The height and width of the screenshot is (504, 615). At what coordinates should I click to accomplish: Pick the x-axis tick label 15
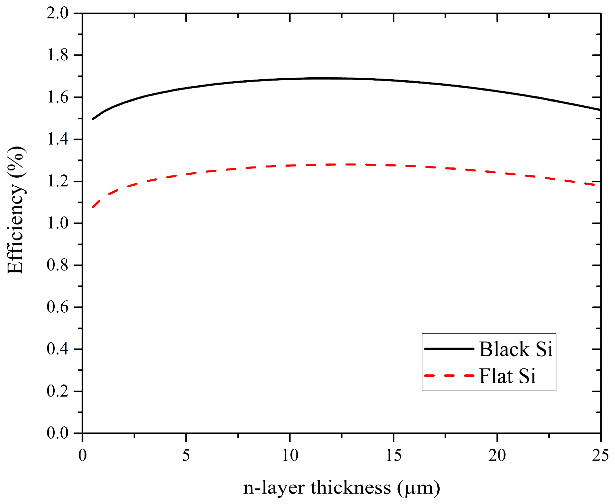pos(394,455)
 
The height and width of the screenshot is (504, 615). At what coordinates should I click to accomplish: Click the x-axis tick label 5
pos(186,455)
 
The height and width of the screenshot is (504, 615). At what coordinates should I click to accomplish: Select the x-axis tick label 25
pos(600,455)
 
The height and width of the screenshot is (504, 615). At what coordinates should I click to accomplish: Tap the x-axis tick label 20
pos(497,455)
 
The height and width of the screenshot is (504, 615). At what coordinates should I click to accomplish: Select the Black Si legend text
pos(516,349)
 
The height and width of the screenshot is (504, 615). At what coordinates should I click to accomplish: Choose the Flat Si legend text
pos(507,376)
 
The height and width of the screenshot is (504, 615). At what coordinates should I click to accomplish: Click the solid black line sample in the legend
pos(449,348)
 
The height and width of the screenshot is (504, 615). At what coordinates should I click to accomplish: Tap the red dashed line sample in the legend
pos(449,375)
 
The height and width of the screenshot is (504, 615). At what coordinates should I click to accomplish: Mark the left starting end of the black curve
pos(93,119)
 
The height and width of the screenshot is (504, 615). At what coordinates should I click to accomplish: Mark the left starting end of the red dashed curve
pos(93,207)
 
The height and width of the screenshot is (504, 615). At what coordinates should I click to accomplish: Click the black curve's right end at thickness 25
pos(600,109)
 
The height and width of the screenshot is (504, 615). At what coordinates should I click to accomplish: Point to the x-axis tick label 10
pos(290,455)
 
